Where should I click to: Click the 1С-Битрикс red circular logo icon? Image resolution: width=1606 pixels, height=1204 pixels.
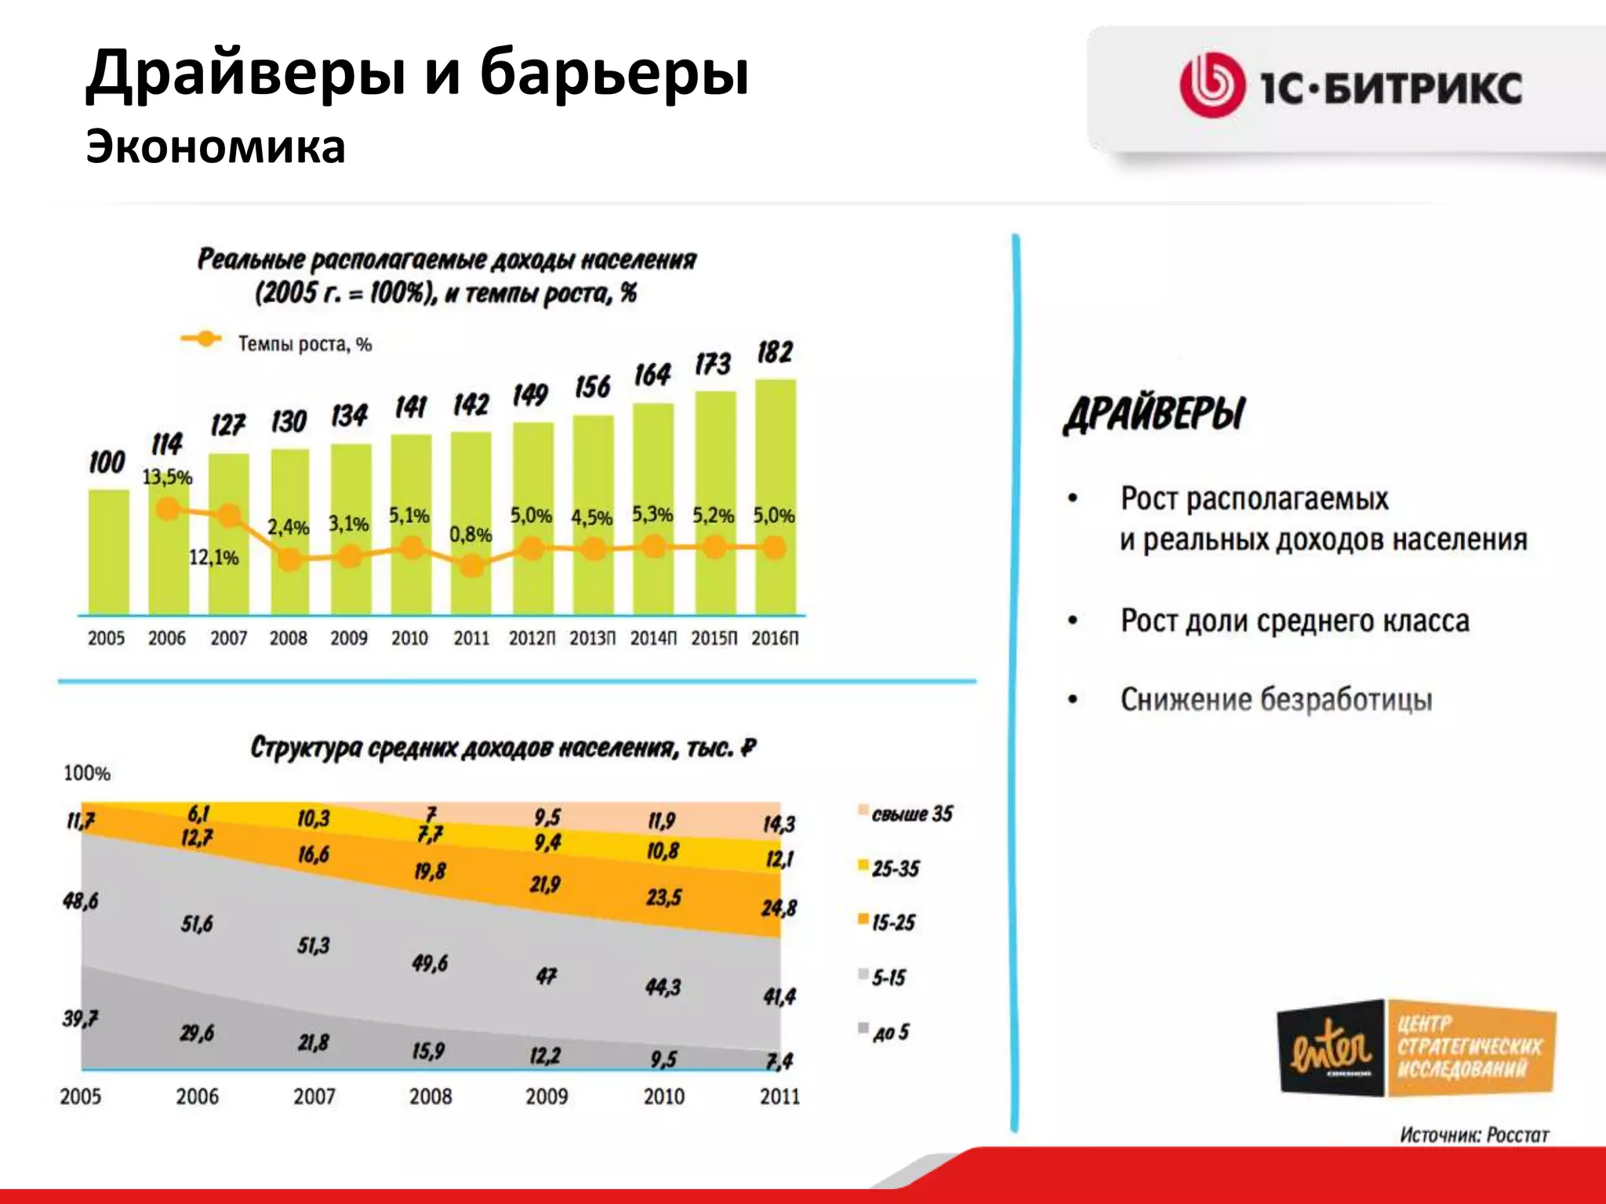(1212, 85)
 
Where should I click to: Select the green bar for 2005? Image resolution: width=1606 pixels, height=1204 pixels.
(108, 552)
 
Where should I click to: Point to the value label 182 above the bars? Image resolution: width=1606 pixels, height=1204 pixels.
(775, 353)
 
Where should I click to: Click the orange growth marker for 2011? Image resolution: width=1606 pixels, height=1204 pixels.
(471, 565)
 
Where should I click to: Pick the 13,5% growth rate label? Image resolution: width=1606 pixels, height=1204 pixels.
(167, 477)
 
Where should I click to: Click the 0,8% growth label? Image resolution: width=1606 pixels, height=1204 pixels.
(471, 535)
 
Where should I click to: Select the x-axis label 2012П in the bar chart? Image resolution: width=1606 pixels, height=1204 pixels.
(532, 638)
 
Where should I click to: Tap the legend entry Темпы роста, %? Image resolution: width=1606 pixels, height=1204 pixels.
(304, 344)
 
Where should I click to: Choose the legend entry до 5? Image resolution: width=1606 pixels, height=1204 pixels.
(891, 1032)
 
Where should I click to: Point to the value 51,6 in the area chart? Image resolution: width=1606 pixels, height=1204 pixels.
(197, 924)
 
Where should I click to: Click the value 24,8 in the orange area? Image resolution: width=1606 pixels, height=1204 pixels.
(778, 908)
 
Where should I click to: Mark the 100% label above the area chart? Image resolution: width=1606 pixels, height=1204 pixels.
(86, 774)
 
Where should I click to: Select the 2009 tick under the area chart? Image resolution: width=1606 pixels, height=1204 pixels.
(547, 1096)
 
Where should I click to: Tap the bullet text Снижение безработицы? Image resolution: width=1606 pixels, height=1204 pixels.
(1276, 699)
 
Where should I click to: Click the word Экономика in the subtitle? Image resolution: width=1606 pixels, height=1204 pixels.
(216, 147)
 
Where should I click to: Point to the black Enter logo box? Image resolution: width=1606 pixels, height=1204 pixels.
(1331, 1048)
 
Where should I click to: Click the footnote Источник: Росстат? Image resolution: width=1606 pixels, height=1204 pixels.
(1473, 1134)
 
